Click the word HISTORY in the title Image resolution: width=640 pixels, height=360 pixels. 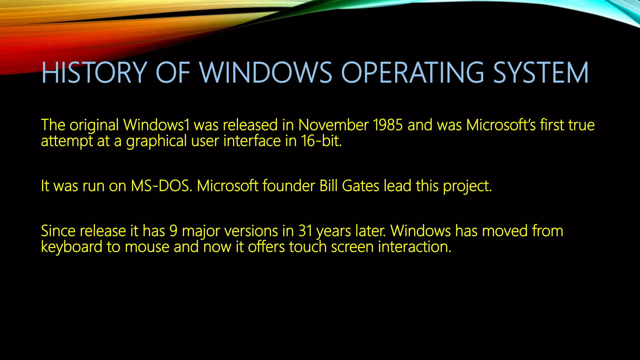(94, 73)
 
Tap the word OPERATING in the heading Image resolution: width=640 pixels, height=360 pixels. (412, 73)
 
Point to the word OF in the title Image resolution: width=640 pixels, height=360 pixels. (173, 73)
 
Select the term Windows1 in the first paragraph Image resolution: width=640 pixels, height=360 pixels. (157, 125)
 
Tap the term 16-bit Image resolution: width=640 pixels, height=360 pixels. (322, 141)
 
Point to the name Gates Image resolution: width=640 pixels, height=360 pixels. (361, 186)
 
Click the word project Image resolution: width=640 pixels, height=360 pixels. (467, 187)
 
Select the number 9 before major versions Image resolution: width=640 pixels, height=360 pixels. (173, 231)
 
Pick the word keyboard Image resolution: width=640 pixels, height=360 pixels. (72, 247)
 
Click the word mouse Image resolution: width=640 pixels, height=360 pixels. (147, 247)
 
